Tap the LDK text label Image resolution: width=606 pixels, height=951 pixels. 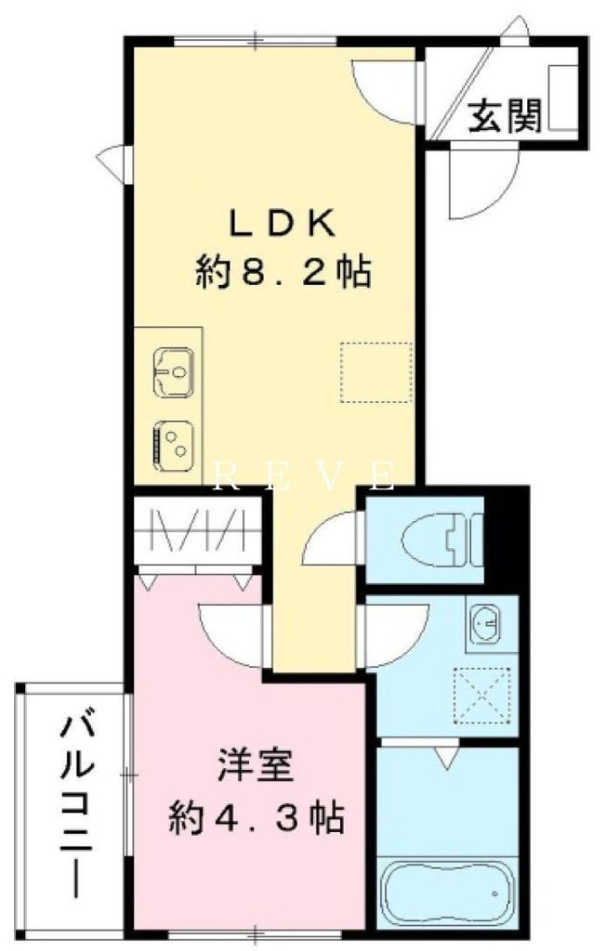(x=282, y=224)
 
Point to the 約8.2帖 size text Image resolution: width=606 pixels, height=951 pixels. (x=283, y=272)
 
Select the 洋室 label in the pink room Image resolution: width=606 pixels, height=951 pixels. (x=256, y=770)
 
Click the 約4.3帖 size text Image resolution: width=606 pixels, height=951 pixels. (x=256, y=818)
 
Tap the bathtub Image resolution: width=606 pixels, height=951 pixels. (x=446, y=890)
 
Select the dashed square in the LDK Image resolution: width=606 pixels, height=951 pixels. (x=375, y=371)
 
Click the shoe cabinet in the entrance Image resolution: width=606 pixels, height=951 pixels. (x=563, y=98)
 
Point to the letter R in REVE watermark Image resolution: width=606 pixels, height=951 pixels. (x=222, y=476)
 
